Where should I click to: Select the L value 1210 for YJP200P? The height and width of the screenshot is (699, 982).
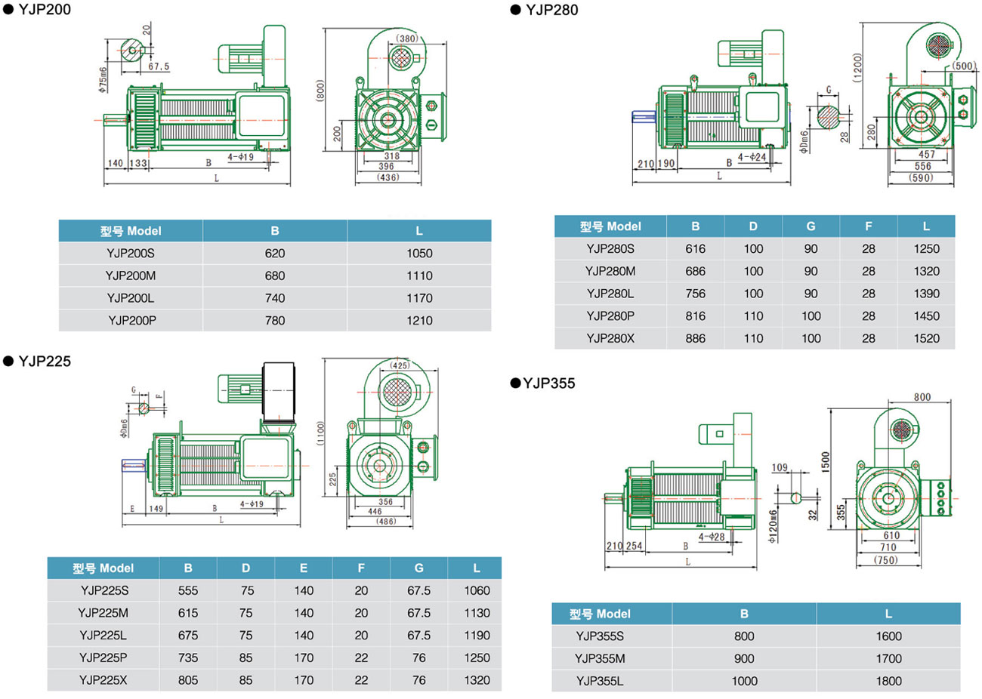(x=419, y=321)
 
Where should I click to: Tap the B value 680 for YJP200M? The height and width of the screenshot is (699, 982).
(x=275, y=276)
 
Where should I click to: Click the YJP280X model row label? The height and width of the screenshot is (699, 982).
(x=610, y=338)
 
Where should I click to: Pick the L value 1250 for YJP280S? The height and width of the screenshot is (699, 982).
(x=926, y=248)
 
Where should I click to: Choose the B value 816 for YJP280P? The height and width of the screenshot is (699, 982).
(x=695, y=316)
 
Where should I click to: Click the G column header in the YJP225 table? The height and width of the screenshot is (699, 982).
(x=418, y=568)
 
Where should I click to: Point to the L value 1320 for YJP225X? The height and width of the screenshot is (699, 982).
(x=477, y=680)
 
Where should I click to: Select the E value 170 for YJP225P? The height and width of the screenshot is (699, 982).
(x=304, y=657)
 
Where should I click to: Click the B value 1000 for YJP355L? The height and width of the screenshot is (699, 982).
(x=744, y=681)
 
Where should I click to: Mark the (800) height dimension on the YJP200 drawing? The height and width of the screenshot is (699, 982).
(x=320, y=91)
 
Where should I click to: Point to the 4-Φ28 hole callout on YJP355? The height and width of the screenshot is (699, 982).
(x=712, y=537)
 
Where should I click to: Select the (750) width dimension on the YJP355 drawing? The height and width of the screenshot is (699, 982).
(x=885, y=560)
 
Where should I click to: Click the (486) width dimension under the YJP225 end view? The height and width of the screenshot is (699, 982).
(x=385, y=522)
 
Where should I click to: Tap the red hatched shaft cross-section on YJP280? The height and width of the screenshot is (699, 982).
(x=827, y=119)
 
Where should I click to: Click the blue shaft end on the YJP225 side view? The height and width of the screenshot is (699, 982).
(x=134, y=465)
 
